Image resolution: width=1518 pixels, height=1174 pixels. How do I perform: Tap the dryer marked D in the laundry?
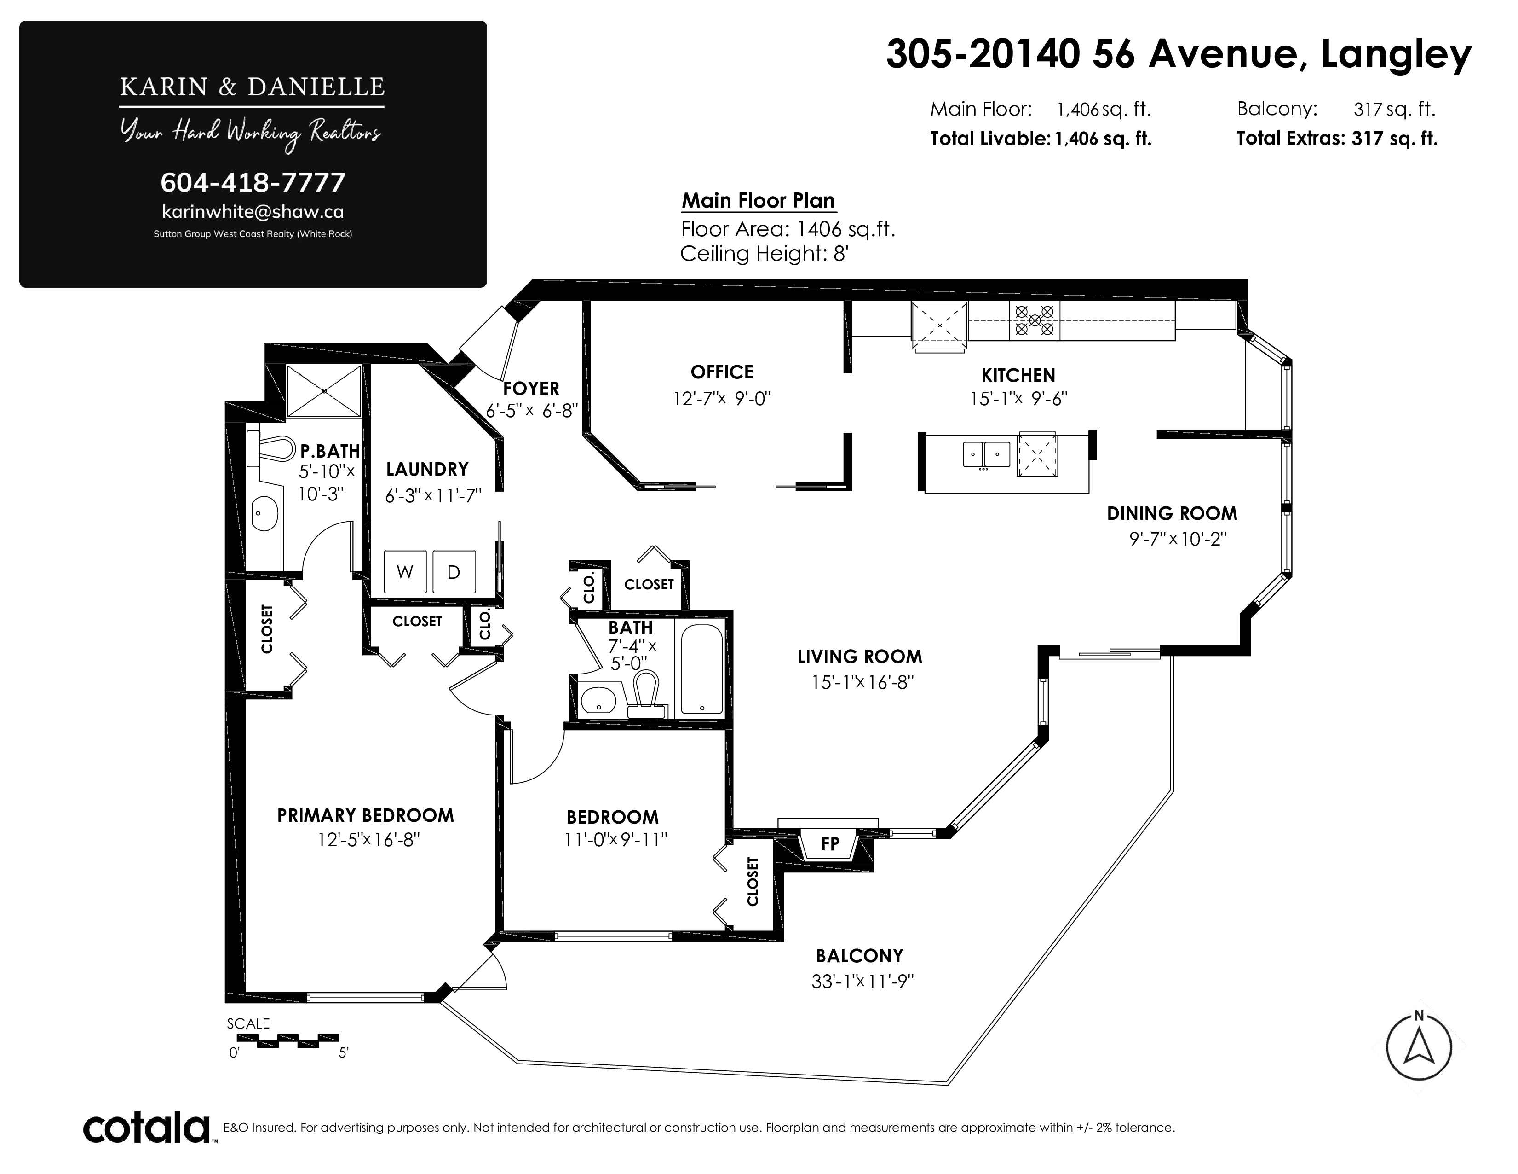454,572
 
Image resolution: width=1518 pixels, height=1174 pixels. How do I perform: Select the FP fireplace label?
830,843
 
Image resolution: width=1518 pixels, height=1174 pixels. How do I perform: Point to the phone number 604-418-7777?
253,182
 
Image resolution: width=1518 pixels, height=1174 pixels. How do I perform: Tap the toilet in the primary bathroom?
270,448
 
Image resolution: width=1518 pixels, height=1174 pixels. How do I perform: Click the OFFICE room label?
722,372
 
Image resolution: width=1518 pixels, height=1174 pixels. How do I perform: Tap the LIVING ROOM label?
860,657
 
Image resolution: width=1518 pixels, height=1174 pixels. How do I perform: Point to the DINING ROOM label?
1172,513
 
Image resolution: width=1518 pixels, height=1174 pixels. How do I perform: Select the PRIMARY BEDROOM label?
366,815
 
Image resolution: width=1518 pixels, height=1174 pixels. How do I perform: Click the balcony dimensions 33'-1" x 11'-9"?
862,982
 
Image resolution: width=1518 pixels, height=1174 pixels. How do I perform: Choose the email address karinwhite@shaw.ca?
253,211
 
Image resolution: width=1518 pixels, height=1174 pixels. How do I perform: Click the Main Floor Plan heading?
758,200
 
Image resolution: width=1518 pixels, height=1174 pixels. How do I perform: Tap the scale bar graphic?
298,1040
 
